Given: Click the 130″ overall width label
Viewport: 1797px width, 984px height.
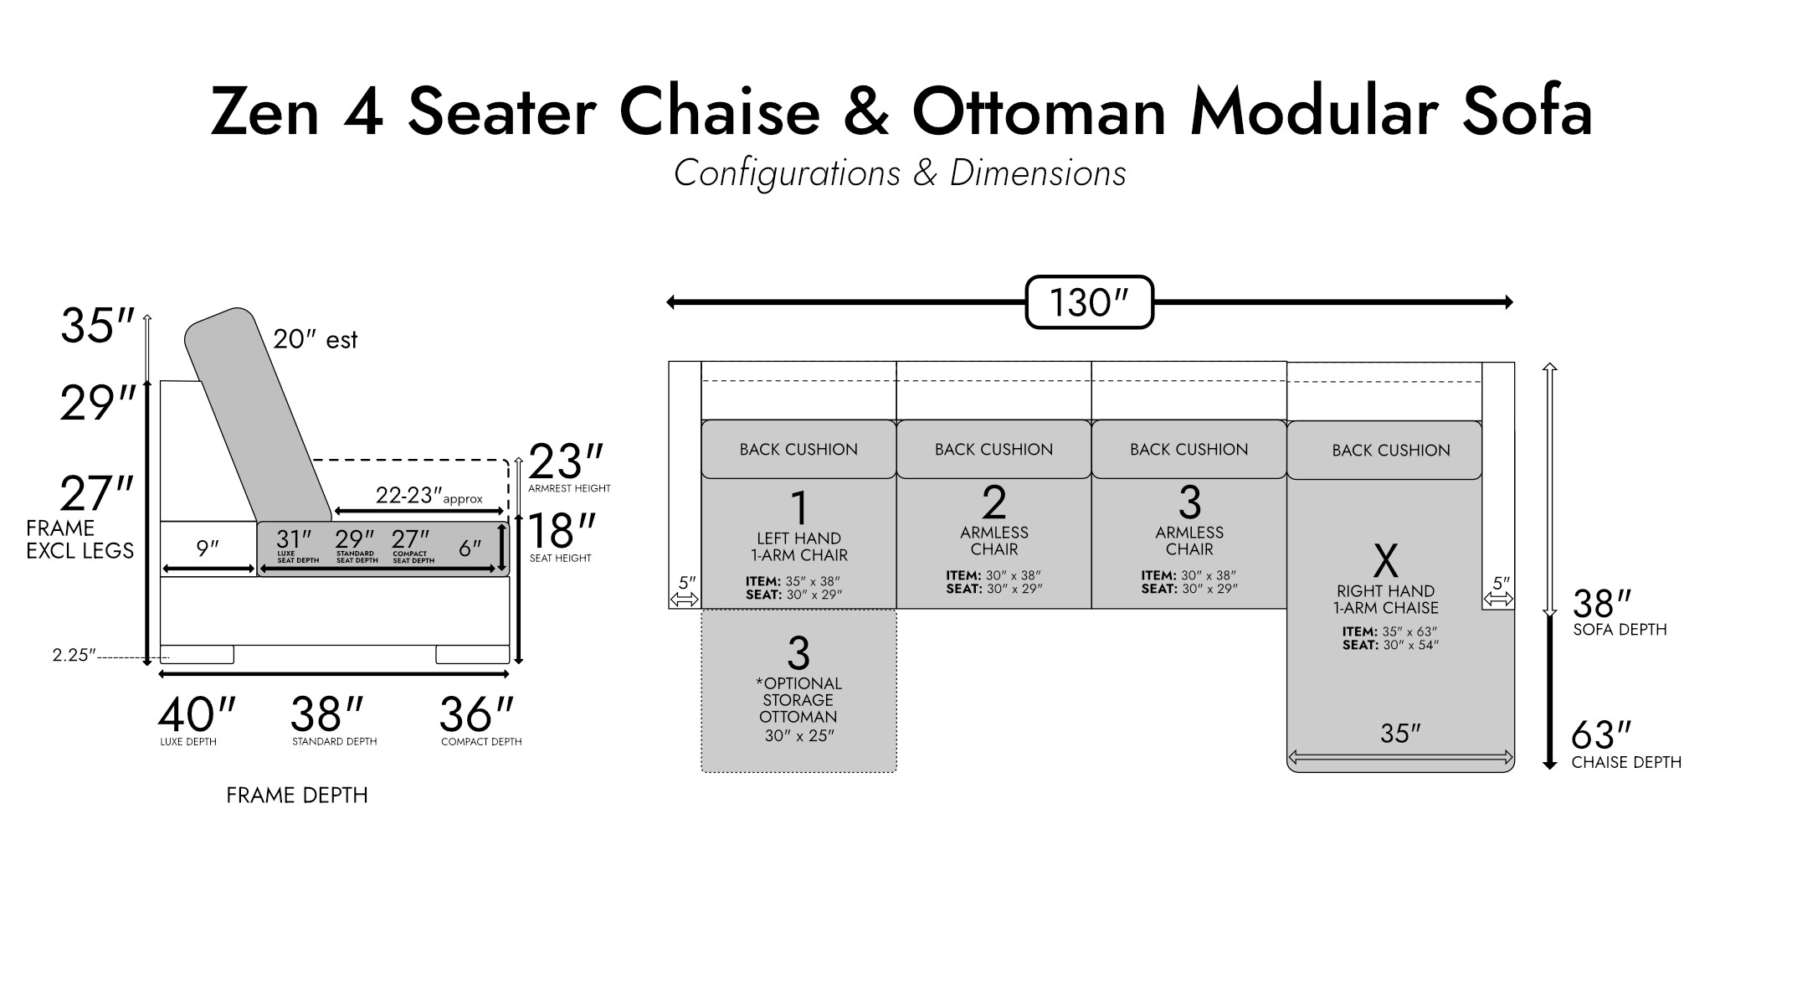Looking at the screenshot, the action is click(1089, 302).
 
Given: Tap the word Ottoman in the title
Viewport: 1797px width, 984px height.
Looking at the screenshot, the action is click(1039, 111).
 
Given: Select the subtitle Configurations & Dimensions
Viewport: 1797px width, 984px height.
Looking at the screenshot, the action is click(900, 173).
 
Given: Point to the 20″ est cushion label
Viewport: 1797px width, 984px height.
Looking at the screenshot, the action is click(315, 339).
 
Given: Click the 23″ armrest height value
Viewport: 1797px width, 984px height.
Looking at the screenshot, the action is click(566, 461).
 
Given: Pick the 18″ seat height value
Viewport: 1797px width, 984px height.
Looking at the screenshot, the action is click(562, 531).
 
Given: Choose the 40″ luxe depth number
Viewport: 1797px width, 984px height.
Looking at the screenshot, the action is click(197, 714).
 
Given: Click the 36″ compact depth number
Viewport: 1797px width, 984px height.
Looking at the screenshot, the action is click(476, 714).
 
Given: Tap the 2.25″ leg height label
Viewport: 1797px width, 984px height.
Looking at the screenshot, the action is click(74, 655).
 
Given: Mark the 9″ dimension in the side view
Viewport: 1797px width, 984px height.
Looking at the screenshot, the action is click(208, 548).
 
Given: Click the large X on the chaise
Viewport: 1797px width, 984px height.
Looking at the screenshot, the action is click(1386, 561).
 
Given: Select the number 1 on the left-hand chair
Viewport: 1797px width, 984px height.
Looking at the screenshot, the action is click(799, 508).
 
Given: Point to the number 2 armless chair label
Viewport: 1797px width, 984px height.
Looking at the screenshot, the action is click(994, 502).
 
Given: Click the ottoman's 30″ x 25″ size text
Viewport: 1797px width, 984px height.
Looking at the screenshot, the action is click(798, 735).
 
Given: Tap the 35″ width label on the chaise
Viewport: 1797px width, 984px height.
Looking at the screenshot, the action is click(1400, 734).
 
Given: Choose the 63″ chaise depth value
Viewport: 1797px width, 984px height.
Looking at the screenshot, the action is click(1601, 735).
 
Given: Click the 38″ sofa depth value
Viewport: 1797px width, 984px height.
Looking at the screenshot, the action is click(1602, 603).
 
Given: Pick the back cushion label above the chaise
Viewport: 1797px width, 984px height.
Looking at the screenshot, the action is click(1391, 451).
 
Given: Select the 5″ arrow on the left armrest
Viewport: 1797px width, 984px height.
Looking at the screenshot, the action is click(685, 600).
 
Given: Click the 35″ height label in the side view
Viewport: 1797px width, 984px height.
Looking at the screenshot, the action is click(98, 326).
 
